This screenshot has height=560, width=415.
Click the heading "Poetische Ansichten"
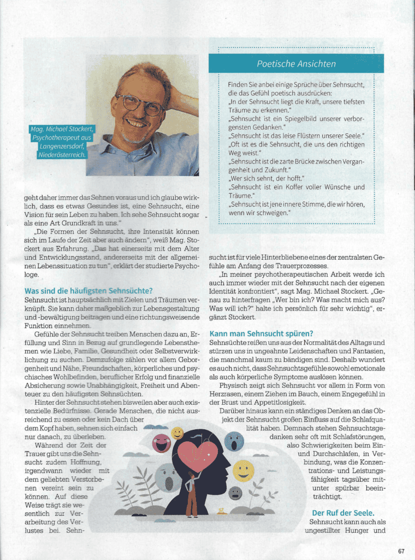pos(297,64)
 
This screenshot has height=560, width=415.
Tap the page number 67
pos(401,551)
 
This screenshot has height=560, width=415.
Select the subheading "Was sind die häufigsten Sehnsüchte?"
pos(88,290)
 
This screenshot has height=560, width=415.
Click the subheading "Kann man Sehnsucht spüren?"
pos(261,333)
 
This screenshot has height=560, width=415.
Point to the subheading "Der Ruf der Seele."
pos(343,512)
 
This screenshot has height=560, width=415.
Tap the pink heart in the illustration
pos(198,455)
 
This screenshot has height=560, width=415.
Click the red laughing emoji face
pos(162,443)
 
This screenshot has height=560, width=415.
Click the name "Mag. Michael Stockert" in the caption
pos(62,129)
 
